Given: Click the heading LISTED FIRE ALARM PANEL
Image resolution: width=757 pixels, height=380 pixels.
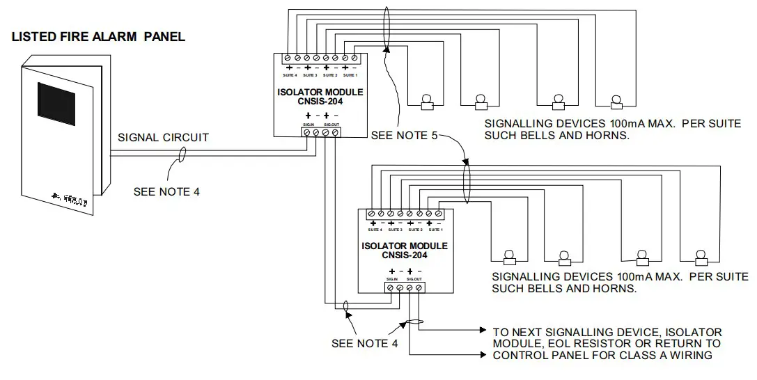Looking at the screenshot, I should point(99,37).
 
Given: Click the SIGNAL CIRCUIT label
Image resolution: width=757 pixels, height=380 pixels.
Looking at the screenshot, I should point(163,137).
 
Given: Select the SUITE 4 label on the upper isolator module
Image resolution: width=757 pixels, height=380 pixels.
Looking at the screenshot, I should point(289,74).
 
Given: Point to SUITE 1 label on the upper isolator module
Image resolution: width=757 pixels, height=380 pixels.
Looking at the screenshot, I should point(351,74).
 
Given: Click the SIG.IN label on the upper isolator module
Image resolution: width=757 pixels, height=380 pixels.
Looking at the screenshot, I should point(309,124).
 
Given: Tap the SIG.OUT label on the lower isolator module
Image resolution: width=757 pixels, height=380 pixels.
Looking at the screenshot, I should point(415,278).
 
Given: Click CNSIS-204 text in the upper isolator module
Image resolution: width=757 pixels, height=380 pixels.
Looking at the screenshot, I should point(320,102).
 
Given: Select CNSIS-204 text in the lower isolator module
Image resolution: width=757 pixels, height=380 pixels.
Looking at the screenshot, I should point(405,255).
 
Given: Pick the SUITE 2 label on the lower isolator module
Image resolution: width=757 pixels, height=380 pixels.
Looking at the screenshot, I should point(416,229).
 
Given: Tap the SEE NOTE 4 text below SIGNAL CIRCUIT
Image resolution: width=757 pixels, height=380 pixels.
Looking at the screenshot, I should point(166,191).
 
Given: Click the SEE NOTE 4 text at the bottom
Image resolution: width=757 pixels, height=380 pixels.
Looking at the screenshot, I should point(365,342).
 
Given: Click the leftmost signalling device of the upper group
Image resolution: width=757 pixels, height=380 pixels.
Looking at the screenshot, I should point(427,102).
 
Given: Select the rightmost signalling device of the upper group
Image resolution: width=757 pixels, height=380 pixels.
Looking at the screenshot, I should point(616,102).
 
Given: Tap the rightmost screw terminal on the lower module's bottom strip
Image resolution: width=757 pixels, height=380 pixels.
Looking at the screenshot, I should point(419,287).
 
